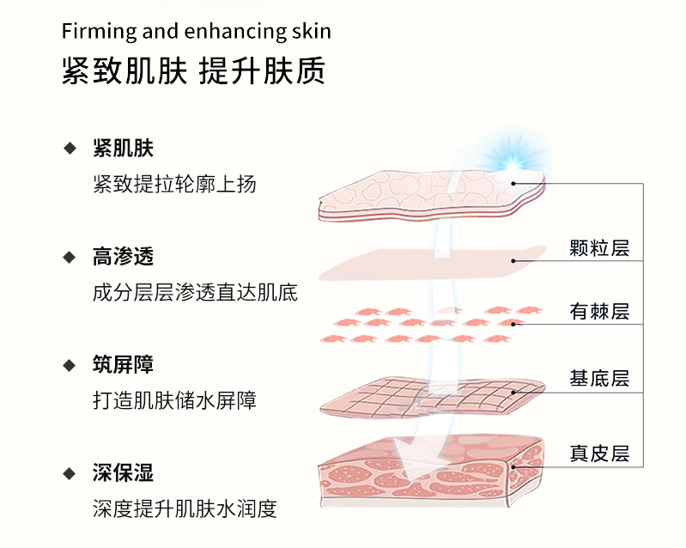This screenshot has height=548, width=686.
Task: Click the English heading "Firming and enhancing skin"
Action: coord(196,32)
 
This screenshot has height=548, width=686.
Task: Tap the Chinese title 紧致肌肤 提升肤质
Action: coord(193,72)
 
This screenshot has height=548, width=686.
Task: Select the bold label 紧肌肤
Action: coord(123,148)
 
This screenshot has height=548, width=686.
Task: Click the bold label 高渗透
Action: coord(123,256)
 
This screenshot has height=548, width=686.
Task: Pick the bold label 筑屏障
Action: coord(123,364)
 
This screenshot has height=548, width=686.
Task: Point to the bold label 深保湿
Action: coord(123,472)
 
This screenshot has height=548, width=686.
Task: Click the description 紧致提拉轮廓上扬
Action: coord(174,184)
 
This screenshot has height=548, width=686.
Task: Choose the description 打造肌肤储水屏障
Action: coord(174,400)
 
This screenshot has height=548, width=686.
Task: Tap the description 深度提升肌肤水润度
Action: coord(185,508)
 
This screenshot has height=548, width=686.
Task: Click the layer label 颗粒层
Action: coord(599,248)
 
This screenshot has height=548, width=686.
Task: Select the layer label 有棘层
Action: coord(599,312)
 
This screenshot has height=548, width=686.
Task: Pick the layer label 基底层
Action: coord(599,379)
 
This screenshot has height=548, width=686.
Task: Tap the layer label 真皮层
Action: coord(599,454)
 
